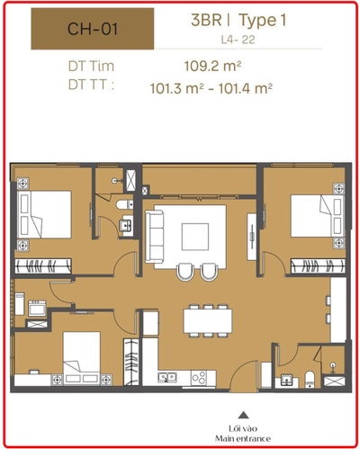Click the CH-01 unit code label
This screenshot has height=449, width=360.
[93, 29]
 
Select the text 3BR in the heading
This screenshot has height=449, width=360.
[206, 20]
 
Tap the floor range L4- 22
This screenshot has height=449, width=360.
[238, 40]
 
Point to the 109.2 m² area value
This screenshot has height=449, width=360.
[212, 66]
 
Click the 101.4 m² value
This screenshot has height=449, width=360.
[245, 88]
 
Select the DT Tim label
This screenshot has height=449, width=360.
[91, 66]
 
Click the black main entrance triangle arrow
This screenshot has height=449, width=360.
[243, 415]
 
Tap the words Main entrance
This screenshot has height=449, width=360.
[243, 439]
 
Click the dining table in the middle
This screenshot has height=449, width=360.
[208, 320]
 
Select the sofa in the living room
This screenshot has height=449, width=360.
[155, 237]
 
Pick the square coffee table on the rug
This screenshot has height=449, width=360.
[195, 237]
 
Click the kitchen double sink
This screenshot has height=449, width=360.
[167, 378]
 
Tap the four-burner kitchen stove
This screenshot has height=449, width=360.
[199, 378]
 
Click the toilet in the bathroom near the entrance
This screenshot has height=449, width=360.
[310, 379]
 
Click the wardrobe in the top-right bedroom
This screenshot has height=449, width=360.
[318, 266]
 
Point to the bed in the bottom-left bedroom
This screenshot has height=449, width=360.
[82, 358]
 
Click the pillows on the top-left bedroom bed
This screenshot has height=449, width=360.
[24, 215]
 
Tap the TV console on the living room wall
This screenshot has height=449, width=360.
[252, 237]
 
